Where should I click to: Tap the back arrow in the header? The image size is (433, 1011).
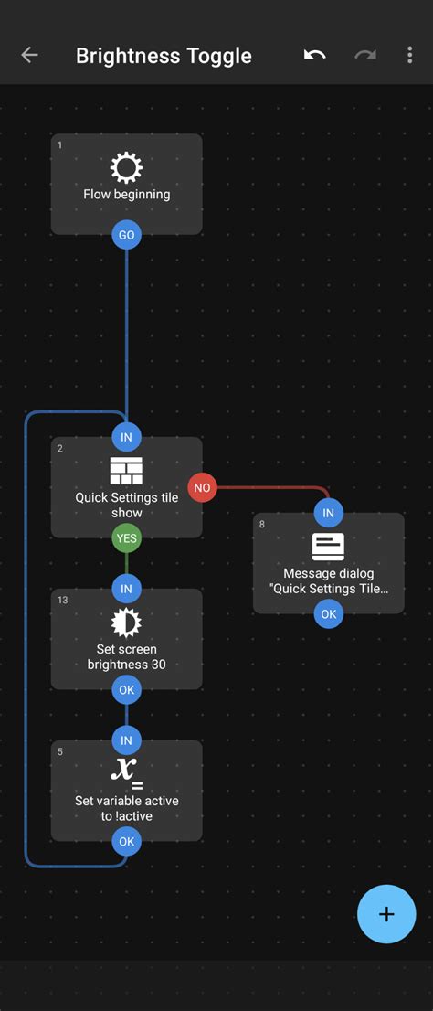pos(29,55)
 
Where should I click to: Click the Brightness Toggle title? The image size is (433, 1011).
pos(164,55)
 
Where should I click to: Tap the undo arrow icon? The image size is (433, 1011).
pos(315,55)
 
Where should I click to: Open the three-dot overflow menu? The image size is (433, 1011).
pos(409,55)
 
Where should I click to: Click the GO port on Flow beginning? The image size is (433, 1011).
pos(126,235)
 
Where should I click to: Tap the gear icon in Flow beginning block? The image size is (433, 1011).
pos(126,168)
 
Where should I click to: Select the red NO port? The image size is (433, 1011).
pos(202,488)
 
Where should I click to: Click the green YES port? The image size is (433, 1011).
pos(126,538)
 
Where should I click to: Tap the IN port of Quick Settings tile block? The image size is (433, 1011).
pos(126,437)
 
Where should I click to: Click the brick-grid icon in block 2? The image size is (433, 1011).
pos(126,471)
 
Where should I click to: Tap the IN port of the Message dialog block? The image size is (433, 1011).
pos(328,513)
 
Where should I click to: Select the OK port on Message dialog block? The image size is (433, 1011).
pos(328,614)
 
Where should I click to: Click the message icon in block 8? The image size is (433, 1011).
pos(328,547)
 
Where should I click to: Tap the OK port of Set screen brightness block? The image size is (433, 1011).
pos(126,690)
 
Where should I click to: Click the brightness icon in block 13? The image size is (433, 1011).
pos(126,623)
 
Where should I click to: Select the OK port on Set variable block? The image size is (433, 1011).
pos(126,841)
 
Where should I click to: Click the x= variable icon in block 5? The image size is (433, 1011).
pos(126,773)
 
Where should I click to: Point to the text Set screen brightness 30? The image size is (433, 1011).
pos(126,656)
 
